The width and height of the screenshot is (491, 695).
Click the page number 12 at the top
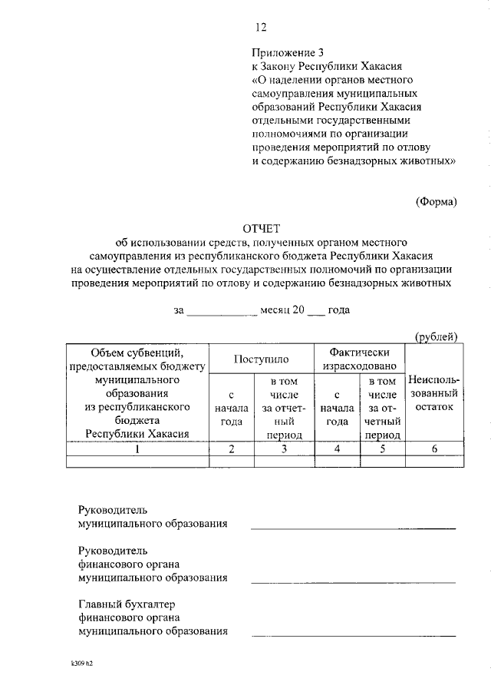coord(260,28)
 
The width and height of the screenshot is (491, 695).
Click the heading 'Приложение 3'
coord(283,52)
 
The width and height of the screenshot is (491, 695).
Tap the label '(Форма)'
coord(436,201)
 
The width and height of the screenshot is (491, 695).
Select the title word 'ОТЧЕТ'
coord(262,229)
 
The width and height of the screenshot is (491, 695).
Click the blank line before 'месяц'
coord(222,313)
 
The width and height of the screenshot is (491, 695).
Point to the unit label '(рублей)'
coord(436,336)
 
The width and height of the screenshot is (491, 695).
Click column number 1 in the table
coord(137,449)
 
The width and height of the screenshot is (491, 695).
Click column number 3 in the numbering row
coord(284,449)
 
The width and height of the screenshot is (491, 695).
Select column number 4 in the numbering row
coord(338,449)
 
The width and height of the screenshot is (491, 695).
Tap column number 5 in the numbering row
coord(382,449)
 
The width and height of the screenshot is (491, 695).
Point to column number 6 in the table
coord(434,449)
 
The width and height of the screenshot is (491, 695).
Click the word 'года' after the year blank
coord(338,311)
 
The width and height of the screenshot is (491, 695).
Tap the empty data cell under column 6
coord(434,462)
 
